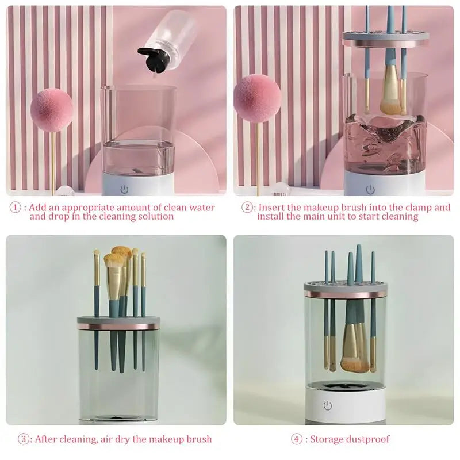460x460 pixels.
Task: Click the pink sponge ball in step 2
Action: tap(257, 98)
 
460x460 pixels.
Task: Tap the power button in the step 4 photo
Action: tap(327, 406)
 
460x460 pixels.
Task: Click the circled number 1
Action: tap(16, 208)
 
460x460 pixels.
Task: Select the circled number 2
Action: tap(247, 208)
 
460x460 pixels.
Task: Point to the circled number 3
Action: tap(24, 439)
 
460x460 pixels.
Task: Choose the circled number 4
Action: tap(296, 439)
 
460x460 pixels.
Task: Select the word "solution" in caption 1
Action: tap(155, 217)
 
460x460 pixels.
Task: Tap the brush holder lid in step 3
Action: tap(118, 323)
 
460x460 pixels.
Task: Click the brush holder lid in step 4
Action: tap(344, 289)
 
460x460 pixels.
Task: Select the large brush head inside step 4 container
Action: tap(352, 351)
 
